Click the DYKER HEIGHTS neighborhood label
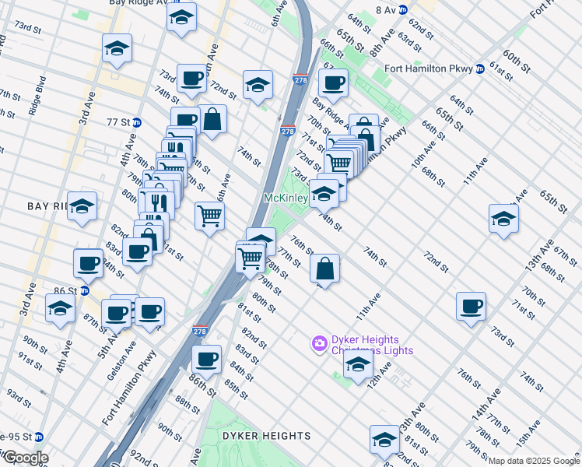point(267,436)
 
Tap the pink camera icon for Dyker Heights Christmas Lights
point(318,342)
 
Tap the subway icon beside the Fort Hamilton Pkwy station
point(480,68)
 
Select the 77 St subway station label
point(117,122)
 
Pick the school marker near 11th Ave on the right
point(504,218)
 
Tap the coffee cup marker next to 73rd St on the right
point(471,306)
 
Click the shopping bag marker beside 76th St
point(324,269)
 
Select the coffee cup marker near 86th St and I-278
point(206,359)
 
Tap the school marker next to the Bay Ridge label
point(82,206)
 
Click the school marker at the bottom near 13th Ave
point(384,440)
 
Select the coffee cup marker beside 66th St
point(333,83)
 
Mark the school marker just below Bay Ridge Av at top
point(182,17)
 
